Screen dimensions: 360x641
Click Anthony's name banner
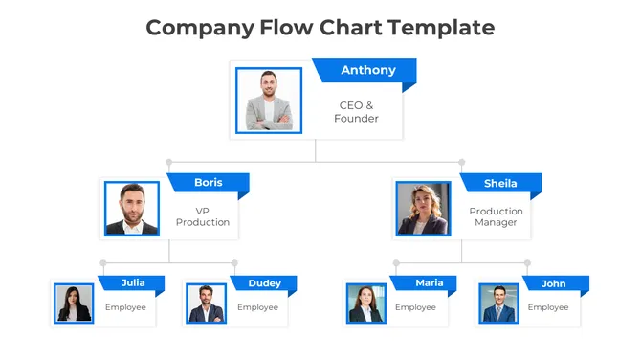367,70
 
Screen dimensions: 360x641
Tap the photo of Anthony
268,100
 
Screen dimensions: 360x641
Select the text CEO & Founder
356,112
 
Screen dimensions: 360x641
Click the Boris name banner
208,183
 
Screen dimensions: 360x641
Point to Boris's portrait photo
132,209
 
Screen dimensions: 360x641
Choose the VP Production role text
203,216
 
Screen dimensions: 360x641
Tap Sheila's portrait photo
423,209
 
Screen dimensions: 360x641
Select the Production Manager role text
496,216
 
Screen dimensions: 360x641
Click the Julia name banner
133,282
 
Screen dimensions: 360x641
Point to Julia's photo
74,304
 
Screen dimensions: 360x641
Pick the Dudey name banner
264,283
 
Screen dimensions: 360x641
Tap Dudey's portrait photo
206,304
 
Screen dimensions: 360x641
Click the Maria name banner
429,282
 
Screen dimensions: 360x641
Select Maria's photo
365,304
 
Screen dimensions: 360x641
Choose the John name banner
554,283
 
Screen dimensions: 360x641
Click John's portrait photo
498,304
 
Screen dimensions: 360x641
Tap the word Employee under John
548,307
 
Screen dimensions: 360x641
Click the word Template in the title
441,27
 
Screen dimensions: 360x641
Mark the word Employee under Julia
125,307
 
